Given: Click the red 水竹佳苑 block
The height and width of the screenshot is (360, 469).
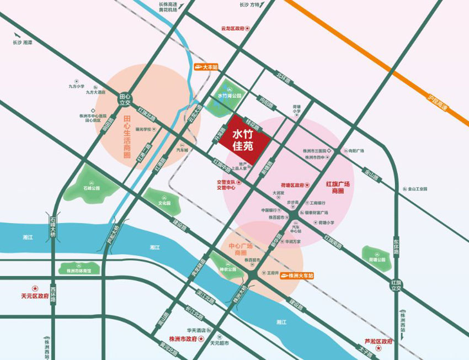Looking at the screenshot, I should point(243,140).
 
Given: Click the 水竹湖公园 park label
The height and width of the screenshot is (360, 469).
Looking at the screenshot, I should point(230,95).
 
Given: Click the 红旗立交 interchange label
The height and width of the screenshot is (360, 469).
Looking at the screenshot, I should point(395,285).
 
